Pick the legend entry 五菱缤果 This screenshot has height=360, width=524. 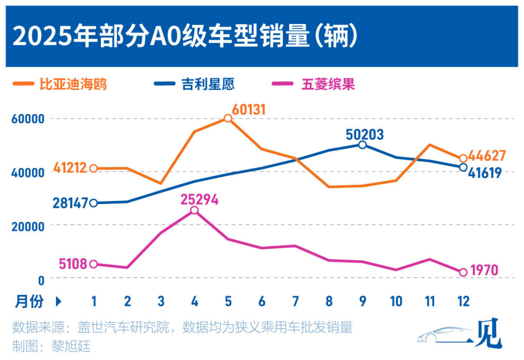(x=327, y=84)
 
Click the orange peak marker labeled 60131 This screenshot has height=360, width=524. (x=227, y=118)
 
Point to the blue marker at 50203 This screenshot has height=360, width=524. (x=362, y=144)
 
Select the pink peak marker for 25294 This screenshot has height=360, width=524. (x=194, y=210)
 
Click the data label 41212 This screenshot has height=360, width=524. (x=69, y=168)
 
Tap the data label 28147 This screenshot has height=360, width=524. (x=70, y=203)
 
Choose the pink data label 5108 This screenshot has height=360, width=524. (x=73, y=264)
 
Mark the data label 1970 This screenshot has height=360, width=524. (x=484, y=271)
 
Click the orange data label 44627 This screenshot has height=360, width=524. (x=487, y=155)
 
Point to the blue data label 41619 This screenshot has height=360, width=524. (x=485, y=173)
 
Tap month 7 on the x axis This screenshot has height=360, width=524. (x=295, y=301)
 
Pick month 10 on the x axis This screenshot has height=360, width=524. (x=396, y=301)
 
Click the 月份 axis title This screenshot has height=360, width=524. (x=29, y=301)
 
